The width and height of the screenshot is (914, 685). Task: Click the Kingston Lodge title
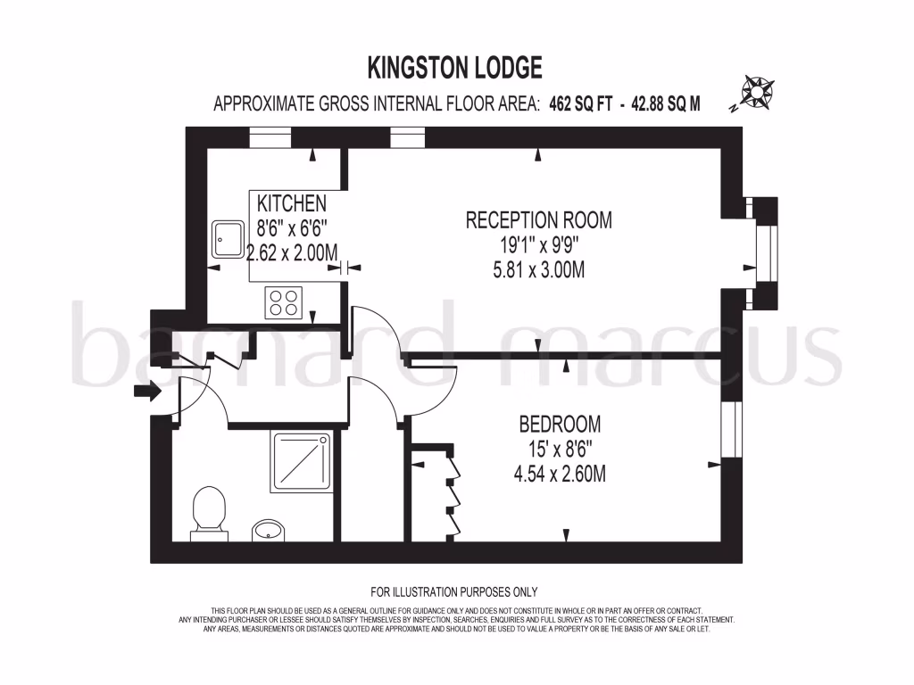[455, 67]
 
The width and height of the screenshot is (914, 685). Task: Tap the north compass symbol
[758, 91]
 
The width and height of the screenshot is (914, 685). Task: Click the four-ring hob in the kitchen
[283, 302]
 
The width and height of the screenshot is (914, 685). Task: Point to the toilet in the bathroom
[208, 512]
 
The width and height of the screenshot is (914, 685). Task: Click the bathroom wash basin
[267, 531]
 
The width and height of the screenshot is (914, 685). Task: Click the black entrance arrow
[146, 390]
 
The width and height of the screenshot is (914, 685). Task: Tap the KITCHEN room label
[292, 204]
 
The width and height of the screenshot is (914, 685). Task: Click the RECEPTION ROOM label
[539, 220]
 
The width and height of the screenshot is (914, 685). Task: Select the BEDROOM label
[561, 424]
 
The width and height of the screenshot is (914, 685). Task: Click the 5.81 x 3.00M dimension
[539, 269]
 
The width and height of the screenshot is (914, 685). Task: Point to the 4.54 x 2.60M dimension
[561, 475]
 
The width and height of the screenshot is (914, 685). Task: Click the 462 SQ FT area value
[581, 104]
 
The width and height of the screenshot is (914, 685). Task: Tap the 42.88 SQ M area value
[666, 104]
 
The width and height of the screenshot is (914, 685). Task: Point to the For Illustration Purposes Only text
[454, 591]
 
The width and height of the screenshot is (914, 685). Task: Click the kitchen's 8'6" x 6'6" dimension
[292, 228]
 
